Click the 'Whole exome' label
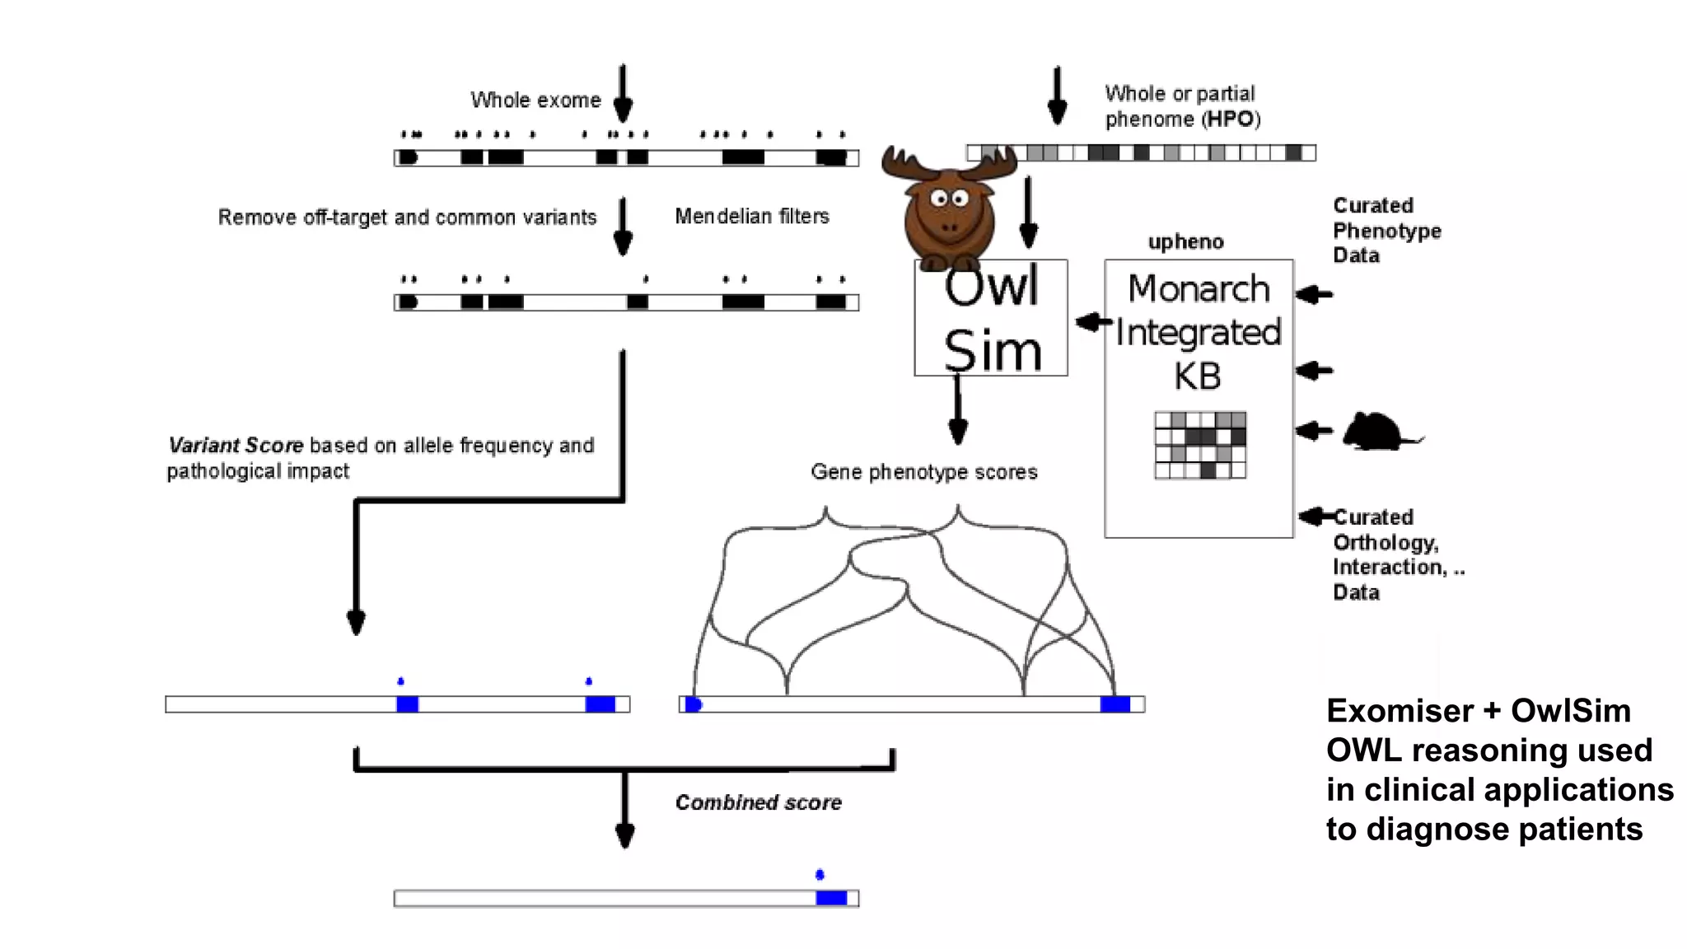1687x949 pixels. pyautogui.click(x=535, y=100)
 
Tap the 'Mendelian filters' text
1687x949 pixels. pyautogui.click(x=751, y=216)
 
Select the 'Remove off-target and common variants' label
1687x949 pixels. pyautogui.click(x=407, y=217)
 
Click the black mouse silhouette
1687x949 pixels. pyautogui.click(x=1377, y=432)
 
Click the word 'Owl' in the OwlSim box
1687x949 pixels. pyautogui.click(x=991, y=288)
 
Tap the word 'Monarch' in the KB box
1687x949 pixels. pyautogui.click(x=1199, y=289)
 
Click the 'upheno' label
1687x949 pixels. pyautogui.click(x=1185, y=241)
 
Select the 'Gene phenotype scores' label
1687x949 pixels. pyautogui.click(x=923, y=472)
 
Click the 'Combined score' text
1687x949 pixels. pyautogui.click(x=758, y=802)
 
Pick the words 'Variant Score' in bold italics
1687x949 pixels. pyautogui.click(x=236, y=446)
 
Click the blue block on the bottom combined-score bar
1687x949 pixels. pyautogui.click(x=831, y=898)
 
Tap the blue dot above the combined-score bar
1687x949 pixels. pyautogui.click(x=820, y=874)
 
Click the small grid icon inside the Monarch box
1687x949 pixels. pyautogui.click(x=1200, y=446)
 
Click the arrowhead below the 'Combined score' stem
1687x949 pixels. pyautogui.click(x=625, y=836)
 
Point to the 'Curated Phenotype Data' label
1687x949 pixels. pyautogui.click(x=1386, y=230)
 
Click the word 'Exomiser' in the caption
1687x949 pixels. pyautogui.click(x=1399, y=711)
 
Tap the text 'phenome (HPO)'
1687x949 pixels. pyautogui.click(x=1182, y=119)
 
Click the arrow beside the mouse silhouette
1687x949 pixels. pyautogui.click(x=1314, y=430)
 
